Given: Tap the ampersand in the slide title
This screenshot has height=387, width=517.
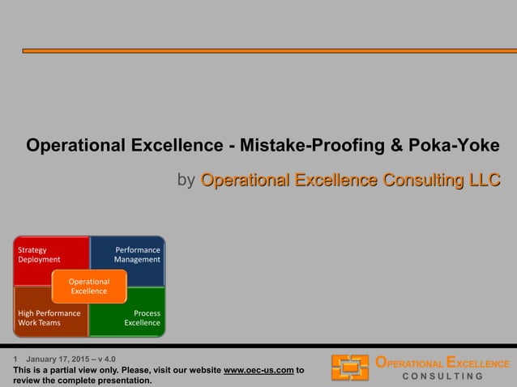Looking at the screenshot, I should (395, 146).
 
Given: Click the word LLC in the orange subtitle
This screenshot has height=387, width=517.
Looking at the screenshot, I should (482, 180).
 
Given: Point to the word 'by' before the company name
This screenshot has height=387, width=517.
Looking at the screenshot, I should (186, 180).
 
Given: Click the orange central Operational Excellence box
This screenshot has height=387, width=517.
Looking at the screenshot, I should (89, 286).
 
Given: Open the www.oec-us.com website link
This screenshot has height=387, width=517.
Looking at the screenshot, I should (258, 371).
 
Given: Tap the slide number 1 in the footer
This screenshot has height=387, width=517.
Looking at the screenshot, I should (15, 359).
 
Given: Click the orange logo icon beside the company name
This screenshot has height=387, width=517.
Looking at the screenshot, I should (350, 368).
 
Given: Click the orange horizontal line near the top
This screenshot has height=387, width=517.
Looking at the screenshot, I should (267, 51).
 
